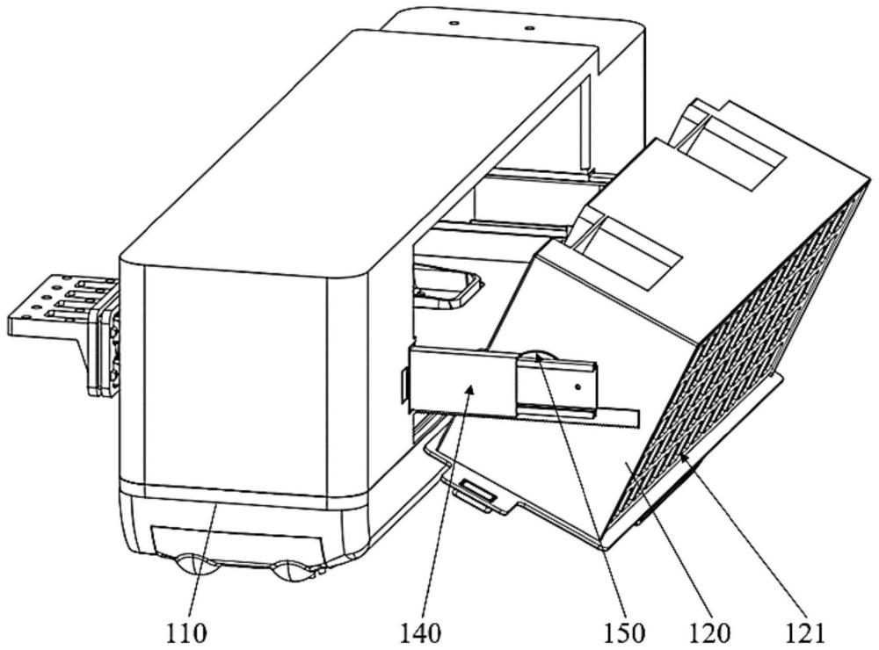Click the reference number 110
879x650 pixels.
click(x=186, y=633)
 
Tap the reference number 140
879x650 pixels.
click(x=421, y=633)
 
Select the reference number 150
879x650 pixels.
click(x=624, y=633)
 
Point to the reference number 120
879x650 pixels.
click(x=709, y=633)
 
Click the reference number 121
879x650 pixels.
click(x=805, y=633)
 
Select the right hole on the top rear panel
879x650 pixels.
click(x=527, y=26)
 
